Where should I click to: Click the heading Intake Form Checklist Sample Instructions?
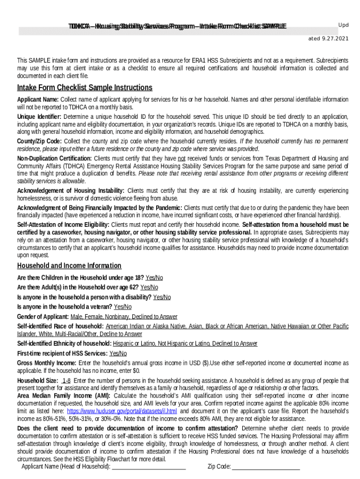[x=85, y=88]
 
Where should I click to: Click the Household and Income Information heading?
[x=69, y=266]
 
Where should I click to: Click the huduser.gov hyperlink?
[x=122, y=411]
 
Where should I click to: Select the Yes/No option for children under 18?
[x=154, y=278]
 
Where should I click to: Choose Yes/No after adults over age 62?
[x=149, y=287]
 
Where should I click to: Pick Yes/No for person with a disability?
[x=162, y=297]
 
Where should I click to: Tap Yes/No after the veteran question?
[x=122, y=307]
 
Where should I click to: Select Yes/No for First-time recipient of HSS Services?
[x=118, y=354]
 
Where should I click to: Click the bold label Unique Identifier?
[x=40, y=116]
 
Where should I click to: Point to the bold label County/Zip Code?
[x=39, y=141]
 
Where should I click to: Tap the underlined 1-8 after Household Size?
[x=66, y=381]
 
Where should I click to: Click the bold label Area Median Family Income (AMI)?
[x=64, y=396]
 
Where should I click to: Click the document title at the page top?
[x=177, y=25]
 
